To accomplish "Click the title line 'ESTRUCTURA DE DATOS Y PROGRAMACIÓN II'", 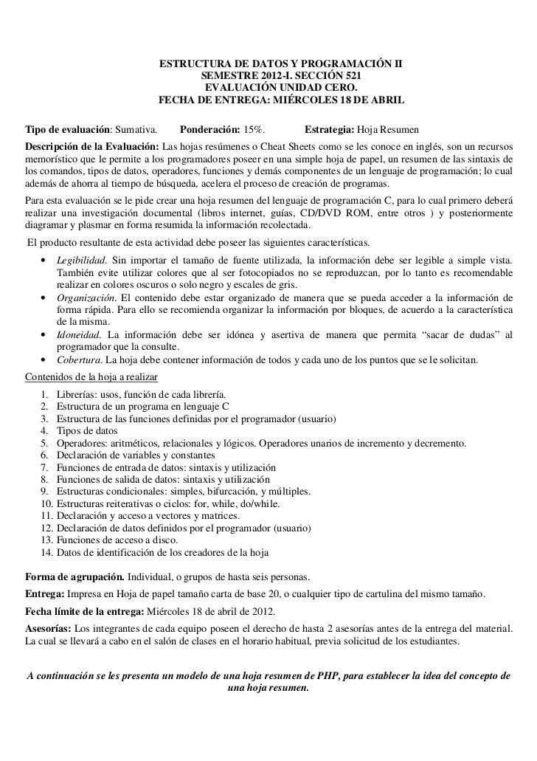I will coord(281,64).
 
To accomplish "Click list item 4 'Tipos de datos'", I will coord(86,431).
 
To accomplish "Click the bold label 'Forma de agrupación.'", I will coord(75,576).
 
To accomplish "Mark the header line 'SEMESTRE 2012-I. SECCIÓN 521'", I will coord(281,76).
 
